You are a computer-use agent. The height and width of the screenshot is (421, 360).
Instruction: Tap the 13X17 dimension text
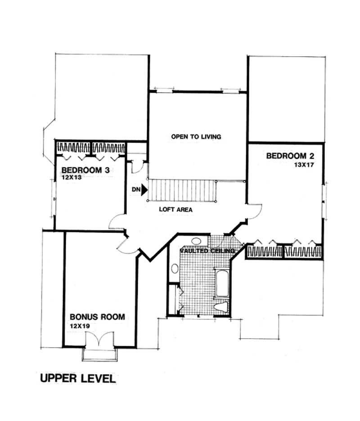(x=304, y=165)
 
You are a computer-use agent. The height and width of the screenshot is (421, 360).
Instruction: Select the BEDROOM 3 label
(x=86, y=170)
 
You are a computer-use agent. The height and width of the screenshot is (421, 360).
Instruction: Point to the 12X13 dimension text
(x=72, y=178)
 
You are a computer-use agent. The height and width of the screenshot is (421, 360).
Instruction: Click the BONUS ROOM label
(x=97, y=317)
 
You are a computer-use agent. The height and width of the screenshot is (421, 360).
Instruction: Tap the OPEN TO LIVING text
(x=196, y=136)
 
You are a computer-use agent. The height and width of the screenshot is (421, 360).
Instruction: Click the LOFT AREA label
(x=175, y=210)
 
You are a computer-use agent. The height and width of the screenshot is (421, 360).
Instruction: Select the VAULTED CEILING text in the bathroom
(x=207, y=251)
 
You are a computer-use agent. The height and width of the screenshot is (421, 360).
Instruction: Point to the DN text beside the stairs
(x=136, y=190)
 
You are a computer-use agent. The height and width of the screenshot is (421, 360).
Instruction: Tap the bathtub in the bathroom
(x=222, y=283)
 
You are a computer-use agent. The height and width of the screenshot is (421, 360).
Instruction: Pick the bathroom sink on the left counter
(x=174, y=269)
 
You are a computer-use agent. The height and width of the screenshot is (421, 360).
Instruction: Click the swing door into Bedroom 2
(x=255, y=211)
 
